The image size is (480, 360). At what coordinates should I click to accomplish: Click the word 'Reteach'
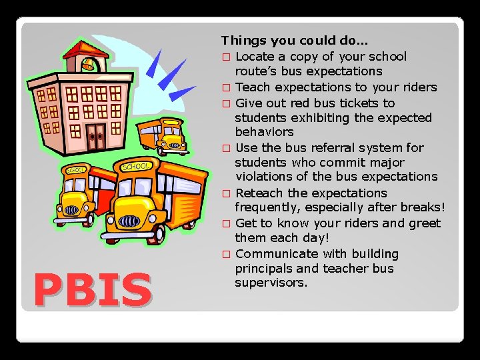pos(259,193)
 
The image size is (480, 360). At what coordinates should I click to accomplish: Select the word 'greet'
pos(425,223)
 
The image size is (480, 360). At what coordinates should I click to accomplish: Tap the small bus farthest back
pos(163,135)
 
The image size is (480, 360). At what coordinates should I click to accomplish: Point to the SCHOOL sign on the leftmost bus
pos(75,170)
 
